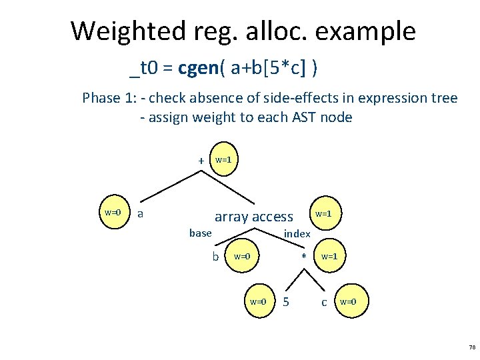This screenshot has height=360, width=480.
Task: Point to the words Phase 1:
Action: pyautogui.click(x=109, y=99)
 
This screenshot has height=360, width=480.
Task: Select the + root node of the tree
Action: pyautogui.click(x=201, y=161)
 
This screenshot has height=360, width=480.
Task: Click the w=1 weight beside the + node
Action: pyautogui.click(x=223, y=160)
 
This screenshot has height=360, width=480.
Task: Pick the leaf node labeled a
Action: pyautogui.click(x=140, y=213)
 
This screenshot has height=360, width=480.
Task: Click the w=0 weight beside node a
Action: pyautogui.click(x=113, y=213)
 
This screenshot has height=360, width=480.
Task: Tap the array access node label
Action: pyautogui.click(x=253, y=217)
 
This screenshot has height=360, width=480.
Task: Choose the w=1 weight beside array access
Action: pyautogui.click(x=323, y=214)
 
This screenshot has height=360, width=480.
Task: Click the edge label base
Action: pyautogui.click(x=200, y=233)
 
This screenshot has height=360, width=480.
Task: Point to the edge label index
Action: pyautogui.click(x=297, y=234)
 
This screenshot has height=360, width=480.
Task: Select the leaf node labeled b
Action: pyautogui.click(x=215, y=257)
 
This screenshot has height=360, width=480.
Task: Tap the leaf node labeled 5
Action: pyautogui.click(x=286, y=302)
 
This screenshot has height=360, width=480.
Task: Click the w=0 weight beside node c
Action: pyautogui.click(x=348, y=302)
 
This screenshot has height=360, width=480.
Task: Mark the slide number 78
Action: pyautogui.click(x=472, y=347)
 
